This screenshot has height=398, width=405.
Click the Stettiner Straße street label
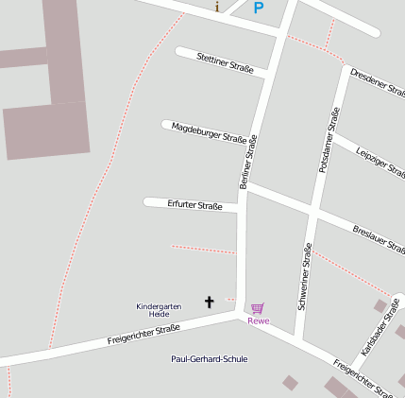(225, 63)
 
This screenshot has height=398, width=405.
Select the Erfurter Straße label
(194, 205)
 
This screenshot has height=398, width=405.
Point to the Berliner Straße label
(249, 162)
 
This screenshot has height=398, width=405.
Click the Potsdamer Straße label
(329, 140)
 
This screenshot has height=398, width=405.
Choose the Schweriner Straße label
(305, 275)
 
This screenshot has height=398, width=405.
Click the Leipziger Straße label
(381, 159)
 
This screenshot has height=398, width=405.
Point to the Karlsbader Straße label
(380, 325)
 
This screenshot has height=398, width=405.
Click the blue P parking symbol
(258, 8)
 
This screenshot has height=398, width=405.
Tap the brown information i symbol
(217, 7)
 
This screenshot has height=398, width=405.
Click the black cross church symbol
(210, 302)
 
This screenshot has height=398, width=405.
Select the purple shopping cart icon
(258, 307)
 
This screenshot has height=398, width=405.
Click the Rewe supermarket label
(258, 320)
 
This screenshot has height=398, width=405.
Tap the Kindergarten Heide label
(159, 310)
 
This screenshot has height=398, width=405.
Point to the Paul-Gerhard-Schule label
(210, 359)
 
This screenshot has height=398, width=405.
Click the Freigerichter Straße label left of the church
(143, 334)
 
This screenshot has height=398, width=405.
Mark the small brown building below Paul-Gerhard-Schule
(291, 383)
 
